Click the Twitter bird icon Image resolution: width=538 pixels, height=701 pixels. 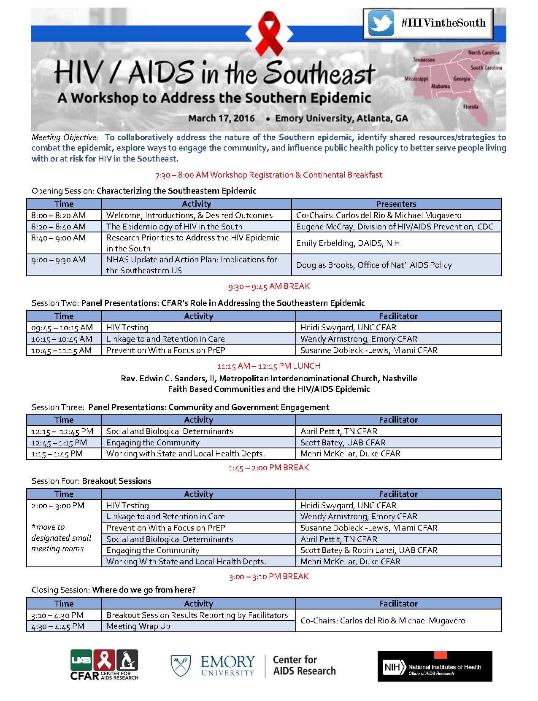tap(381, 23)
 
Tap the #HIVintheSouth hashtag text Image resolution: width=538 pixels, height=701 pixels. tap(443, 23)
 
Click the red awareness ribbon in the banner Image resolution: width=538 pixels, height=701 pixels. tap(269, 33)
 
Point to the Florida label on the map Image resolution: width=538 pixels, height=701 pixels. tap(470, 107)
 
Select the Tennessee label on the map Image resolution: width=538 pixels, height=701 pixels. tap(424, 60)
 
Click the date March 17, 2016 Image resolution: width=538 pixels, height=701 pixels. tap(222, 119)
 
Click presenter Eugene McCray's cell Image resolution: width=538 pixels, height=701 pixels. tap(395, 226)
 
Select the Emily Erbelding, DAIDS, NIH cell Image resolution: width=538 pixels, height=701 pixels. tap(348, 243)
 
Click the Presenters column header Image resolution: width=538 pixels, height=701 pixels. tap(396, 204)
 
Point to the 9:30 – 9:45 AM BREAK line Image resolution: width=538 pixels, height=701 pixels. tap(269, 287)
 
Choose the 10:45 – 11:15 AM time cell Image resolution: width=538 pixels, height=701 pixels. tap(61, 350)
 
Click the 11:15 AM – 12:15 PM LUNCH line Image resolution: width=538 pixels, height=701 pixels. tap(269, 366)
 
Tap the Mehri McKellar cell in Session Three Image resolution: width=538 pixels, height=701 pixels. tap(350, 453)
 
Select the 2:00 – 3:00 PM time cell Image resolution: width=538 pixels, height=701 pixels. tap(58, 505)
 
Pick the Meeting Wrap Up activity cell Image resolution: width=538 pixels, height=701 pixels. tap(138, 626)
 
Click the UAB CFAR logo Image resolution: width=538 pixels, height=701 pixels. tap(104, 664)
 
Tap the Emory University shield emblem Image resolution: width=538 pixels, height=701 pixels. tap(181, 665)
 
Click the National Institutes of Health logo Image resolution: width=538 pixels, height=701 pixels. tap(435, 666)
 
